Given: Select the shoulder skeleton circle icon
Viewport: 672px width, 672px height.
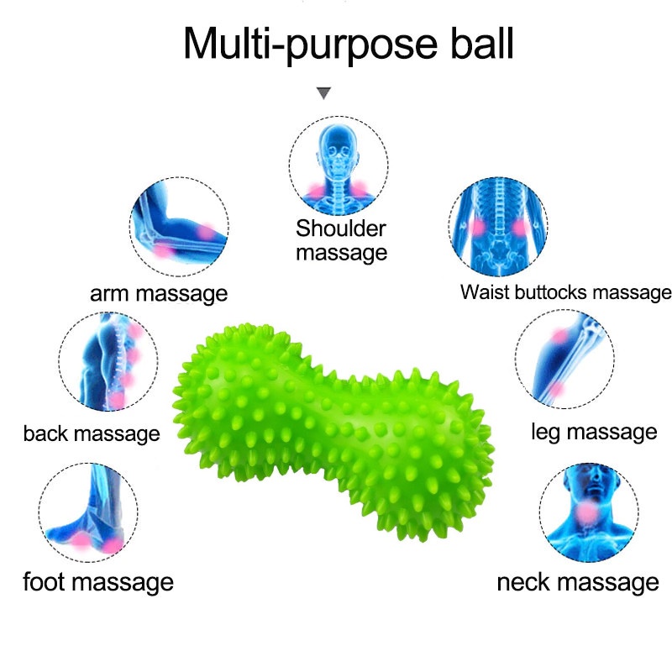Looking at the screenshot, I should [x=339, y=164].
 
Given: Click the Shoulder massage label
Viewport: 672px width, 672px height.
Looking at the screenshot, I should [x=341, y=240].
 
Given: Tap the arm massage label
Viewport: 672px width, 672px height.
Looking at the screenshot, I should [x=159, y=294].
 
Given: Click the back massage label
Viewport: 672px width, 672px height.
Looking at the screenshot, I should [x=92, y=433].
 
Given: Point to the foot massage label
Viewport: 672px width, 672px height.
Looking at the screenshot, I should [x=97, y=581].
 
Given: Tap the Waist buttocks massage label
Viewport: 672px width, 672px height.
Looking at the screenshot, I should [x=565, y=292].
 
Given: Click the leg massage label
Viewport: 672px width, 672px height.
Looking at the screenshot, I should [x=594, y=432].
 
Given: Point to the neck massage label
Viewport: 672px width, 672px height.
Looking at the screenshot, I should [x=578, y=581].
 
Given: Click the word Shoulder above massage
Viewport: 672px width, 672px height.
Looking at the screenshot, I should [x=341, y=228].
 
